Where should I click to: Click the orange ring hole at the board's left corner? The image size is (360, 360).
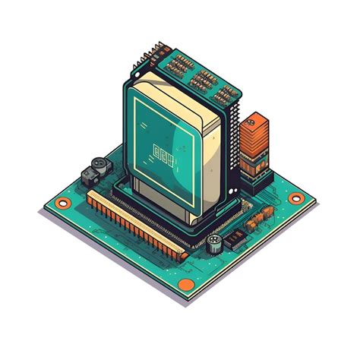click(x=63, y=203)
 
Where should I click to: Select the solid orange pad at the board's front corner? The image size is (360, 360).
click(x=182, y=283)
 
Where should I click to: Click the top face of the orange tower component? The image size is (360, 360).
click(x=254, y=119)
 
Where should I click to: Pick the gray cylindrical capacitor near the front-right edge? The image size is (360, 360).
click(x=215, y=243)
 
